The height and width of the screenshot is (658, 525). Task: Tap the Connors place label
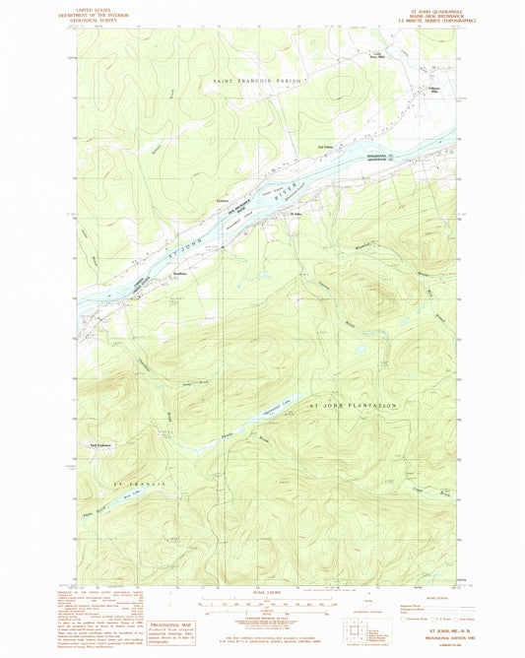pos(237,204)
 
